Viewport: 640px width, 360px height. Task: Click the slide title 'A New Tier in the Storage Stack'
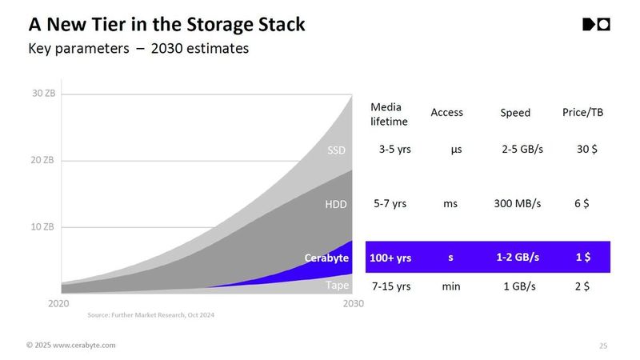(166, 24)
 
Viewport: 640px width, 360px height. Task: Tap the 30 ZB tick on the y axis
(43, 94)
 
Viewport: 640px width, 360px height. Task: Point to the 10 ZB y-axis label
(43, 226)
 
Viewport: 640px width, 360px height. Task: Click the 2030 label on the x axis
(353, 303)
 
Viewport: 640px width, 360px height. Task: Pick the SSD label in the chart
(337, 150)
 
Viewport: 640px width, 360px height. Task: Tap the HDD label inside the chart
(336, 204)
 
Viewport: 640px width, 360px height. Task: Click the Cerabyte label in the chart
(326, 258)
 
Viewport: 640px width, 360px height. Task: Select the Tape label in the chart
(336, 285)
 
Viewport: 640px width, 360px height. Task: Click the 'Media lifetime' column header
(389, 114)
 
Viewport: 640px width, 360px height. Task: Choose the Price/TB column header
(582, 113)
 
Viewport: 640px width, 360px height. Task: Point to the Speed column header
(515, 113)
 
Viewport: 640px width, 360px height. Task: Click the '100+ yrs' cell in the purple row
(390, 258)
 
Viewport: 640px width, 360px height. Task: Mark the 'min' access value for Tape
(450, 286)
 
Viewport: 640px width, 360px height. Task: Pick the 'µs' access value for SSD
(450, 150)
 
